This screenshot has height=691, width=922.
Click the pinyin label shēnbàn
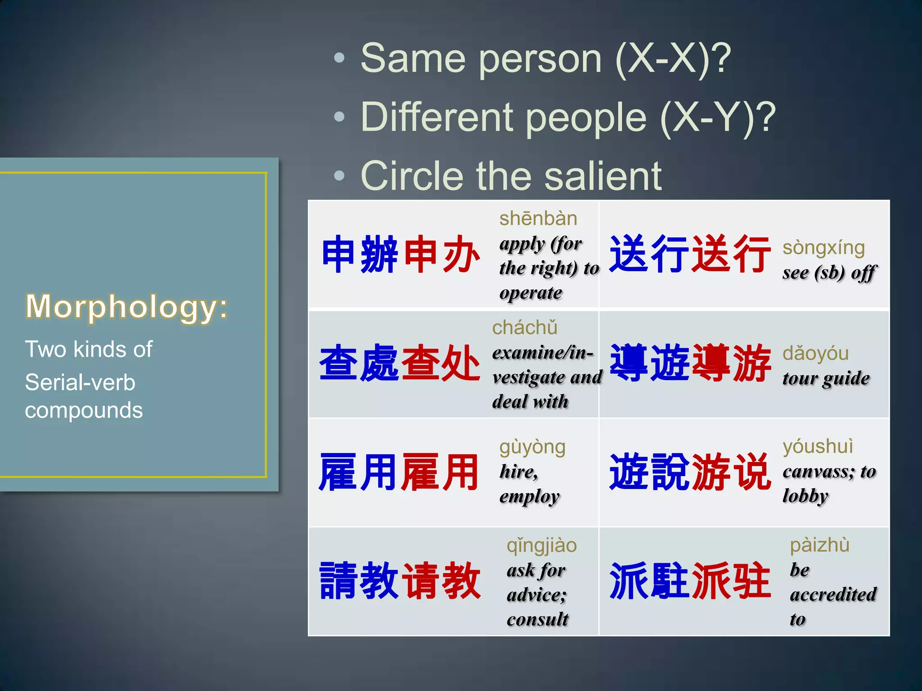tap(538, 219)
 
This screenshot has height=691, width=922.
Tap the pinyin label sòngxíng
tap(823, 248)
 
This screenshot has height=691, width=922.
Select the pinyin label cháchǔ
tap(524, 328)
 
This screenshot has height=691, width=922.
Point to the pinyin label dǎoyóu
tap(815, 354)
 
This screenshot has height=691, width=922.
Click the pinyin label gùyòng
tap(532, 447)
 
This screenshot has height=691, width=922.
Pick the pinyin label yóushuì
tap(818, 446)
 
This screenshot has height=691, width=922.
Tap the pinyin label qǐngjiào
tap(542, 546)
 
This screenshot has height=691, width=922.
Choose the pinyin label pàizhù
tap(819, 545)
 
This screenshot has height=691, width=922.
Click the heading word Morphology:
tap(127, 307)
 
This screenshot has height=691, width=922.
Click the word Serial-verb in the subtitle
tap(80, 382)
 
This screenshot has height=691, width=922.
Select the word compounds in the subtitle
tap(84, 410)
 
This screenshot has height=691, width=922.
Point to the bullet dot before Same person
tap(339, 58)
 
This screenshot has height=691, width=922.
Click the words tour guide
tap(826, 379)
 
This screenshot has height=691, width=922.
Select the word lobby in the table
tap(805, 496)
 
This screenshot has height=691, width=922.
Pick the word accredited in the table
tap(833, 594)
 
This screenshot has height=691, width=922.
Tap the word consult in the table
tap(538, 619)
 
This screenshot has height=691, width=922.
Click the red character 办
tap(461, 255)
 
